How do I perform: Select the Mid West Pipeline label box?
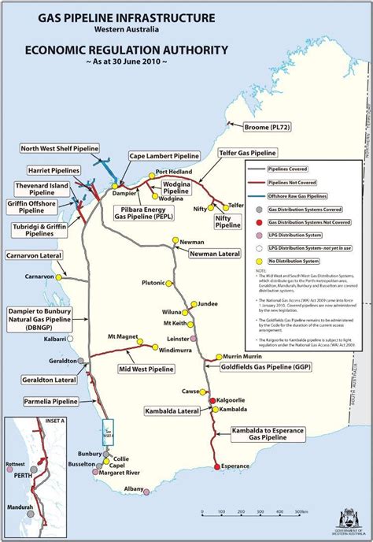pos(146,368)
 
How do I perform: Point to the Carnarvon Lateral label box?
pos(34,256)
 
